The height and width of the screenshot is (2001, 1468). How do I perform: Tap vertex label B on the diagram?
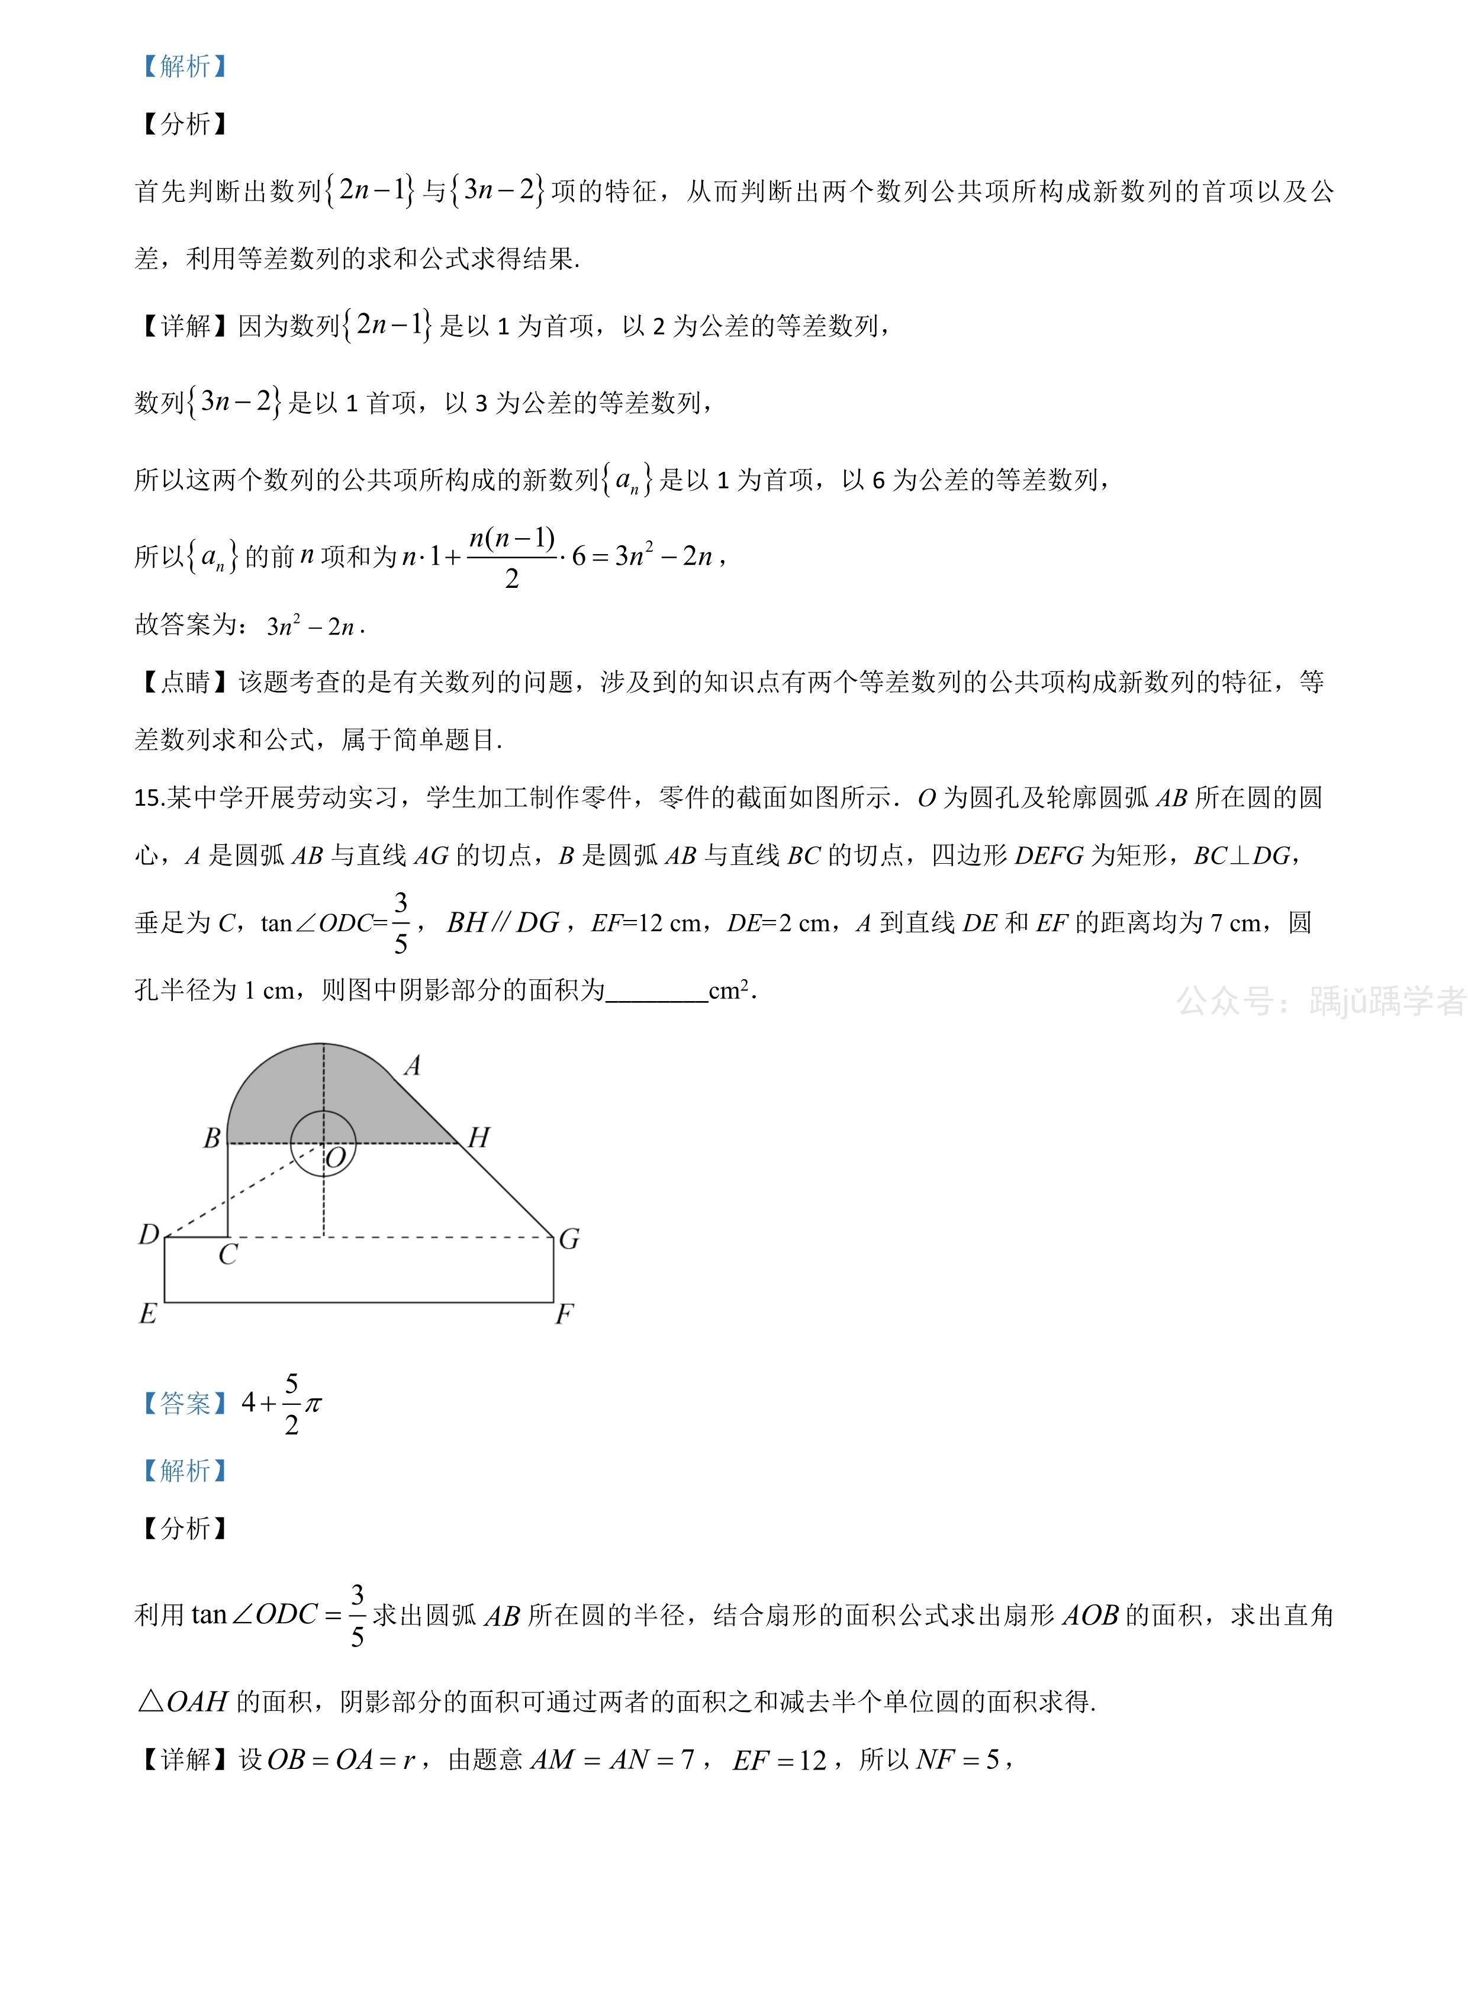(x=211, y=1138)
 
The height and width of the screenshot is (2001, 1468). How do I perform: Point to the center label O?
(x=335, y=1159)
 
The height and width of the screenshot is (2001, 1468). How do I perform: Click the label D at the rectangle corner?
(x=149, y=1234)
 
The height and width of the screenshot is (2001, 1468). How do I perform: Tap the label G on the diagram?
(x=569, y=1238)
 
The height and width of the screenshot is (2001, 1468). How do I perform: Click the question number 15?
(x=147, y=798)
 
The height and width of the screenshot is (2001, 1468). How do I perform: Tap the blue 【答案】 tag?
(x=185, y=1403)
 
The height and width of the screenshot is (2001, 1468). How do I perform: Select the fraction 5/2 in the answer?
(x=291, y=1404)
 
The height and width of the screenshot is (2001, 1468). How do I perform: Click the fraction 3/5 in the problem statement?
(x=401, y=923)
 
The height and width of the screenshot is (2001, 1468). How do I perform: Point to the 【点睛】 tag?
(x=185, y=681)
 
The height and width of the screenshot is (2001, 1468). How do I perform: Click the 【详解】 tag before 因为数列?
(x=185, y=326)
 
